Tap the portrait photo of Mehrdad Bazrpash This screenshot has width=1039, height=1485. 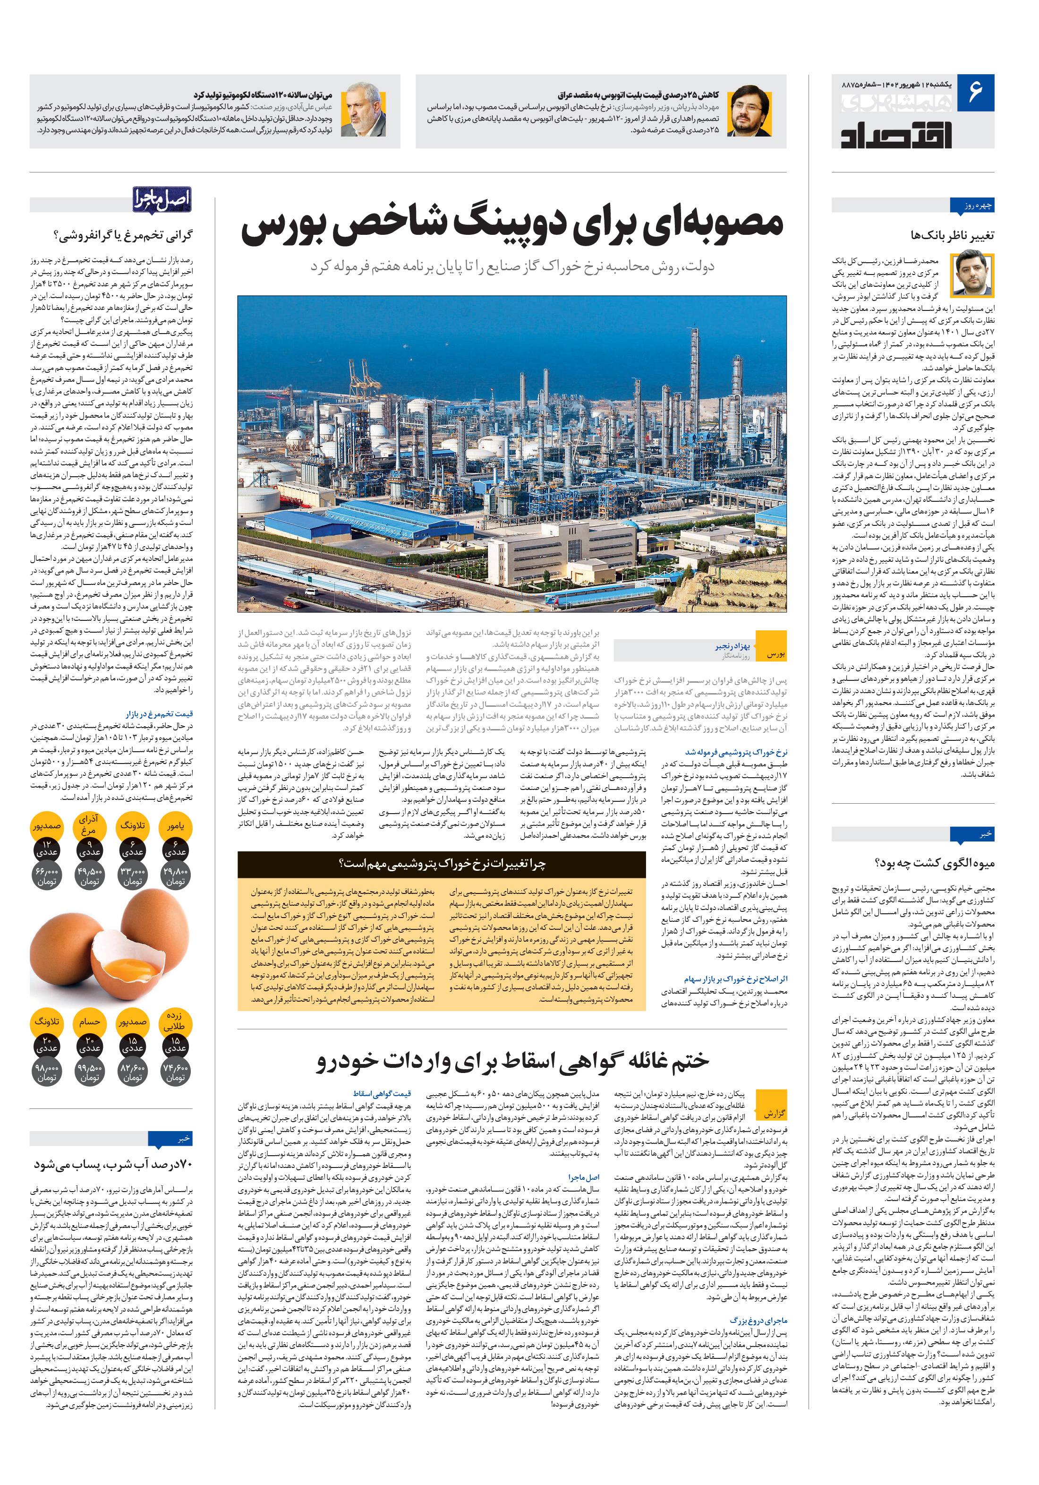click(x=750, y=111)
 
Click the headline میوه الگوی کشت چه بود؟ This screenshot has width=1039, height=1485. click(x=935, y=863)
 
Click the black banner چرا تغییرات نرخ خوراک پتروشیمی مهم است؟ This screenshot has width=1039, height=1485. click(x=442, y=863)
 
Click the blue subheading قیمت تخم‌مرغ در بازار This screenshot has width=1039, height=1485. click(x=159, y=713)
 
